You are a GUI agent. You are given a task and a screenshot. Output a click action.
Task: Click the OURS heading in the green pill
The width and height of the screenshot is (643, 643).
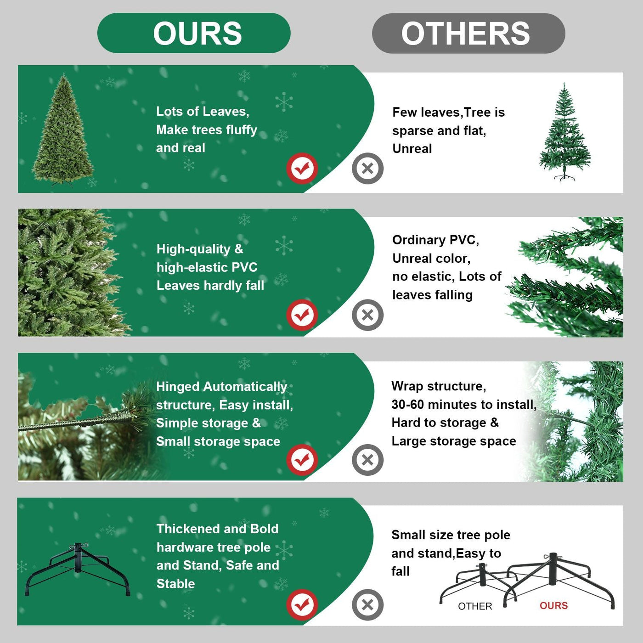[197, 34]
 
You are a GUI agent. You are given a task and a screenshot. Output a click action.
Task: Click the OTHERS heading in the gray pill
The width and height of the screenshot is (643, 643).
[466, 34]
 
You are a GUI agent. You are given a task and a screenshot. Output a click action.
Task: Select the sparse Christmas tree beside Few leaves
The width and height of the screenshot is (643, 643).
[564, 133]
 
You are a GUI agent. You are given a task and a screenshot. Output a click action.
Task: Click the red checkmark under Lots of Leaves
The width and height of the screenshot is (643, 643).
[302, 169]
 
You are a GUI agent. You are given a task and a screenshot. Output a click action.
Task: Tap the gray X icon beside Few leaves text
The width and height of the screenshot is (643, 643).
[367, 169]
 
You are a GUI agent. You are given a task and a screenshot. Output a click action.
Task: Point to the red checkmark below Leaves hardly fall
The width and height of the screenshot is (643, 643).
[302, 315]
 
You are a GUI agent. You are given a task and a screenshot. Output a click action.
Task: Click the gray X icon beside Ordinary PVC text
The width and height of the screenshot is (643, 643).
[367, 315]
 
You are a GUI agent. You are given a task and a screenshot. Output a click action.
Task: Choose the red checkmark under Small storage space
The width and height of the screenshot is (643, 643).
[302, 460]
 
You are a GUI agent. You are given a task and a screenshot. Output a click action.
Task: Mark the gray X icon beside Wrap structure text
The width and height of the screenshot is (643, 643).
[367, 460]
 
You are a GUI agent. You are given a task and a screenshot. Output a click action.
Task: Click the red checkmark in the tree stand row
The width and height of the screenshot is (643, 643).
[302, 604]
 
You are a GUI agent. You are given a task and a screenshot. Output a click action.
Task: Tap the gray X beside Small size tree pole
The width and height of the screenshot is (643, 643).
[367, 604]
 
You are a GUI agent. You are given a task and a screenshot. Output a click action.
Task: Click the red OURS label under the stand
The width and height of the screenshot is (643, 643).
[553, 606]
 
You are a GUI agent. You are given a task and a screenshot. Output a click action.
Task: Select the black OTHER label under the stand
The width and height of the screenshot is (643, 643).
[475, 606]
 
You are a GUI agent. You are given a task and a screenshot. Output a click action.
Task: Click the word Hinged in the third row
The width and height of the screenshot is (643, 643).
[178, 387]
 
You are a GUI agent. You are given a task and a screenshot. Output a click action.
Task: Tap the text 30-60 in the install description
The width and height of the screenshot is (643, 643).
[407, 405]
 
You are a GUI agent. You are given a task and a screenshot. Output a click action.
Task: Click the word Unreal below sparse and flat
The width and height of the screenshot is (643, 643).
[412, 149]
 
